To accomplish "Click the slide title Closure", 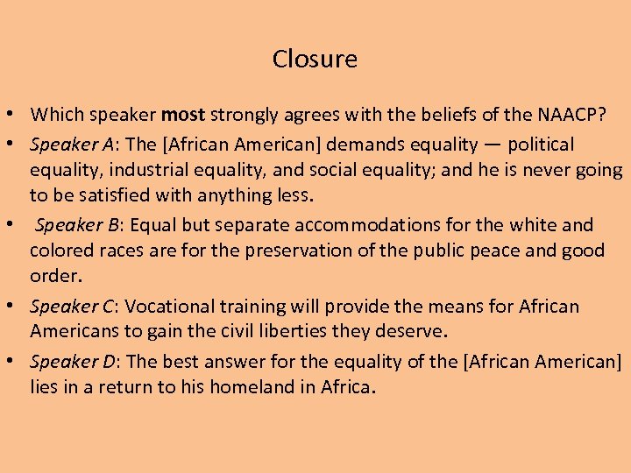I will tap(315, 59).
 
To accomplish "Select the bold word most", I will tap(182, 114).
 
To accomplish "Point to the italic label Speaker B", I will tap(74, 225).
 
